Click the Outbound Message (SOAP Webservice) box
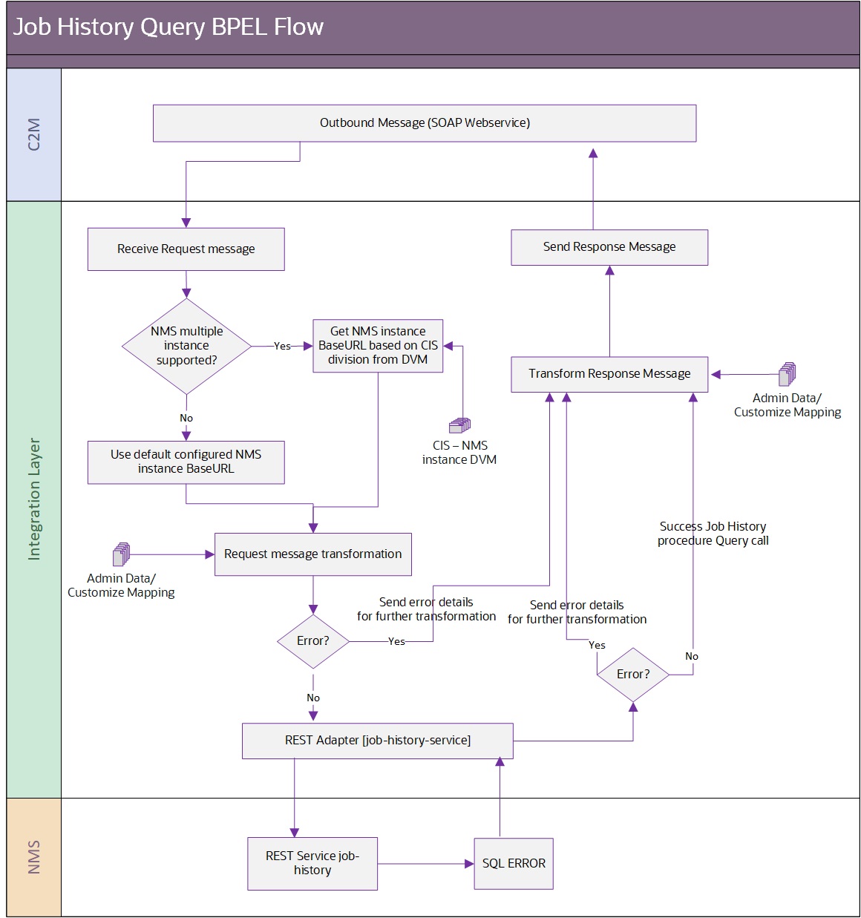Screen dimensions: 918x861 point(424,123)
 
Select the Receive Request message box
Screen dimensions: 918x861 point(186,249)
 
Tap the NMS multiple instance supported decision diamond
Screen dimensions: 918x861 point(186,346)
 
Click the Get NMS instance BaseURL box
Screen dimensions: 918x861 point(378,346)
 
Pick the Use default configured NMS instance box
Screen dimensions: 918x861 point(186,462)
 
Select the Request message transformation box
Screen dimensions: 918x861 point(312,554)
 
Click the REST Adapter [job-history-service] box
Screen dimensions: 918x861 point(377,741)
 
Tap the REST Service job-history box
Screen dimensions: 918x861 point(312,863)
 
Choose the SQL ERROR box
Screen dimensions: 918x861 point(513,864)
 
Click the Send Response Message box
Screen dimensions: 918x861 point(609,247)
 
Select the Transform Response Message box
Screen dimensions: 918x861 point(609,374)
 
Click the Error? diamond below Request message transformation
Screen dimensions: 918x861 point(312,641)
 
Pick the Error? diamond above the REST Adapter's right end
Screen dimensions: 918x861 point(632,675)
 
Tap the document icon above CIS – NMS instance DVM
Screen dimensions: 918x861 point(459,425)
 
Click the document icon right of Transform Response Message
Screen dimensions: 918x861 point(787,375)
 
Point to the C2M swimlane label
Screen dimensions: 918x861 point(34,134)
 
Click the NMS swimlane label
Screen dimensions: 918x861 point(34,857)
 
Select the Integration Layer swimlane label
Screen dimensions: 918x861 point(34,499)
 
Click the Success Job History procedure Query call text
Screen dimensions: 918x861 point(713,534)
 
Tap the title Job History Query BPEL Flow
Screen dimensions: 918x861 point(168,27)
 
